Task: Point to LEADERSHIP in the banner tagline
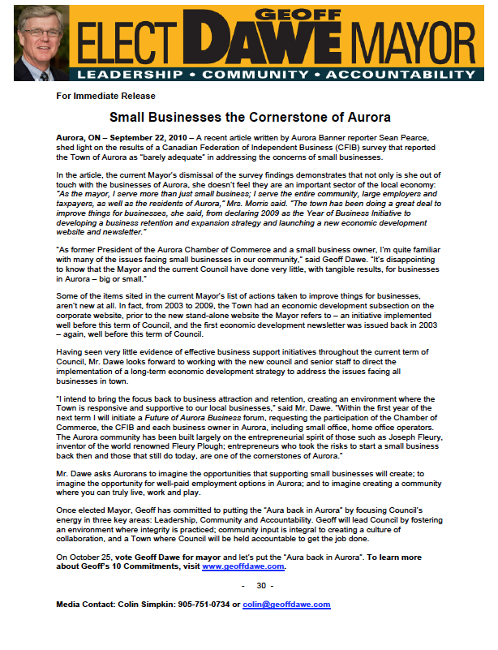(x=127, y=75)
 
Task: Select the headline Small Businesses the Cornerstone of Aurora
(x=252, y=117)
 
